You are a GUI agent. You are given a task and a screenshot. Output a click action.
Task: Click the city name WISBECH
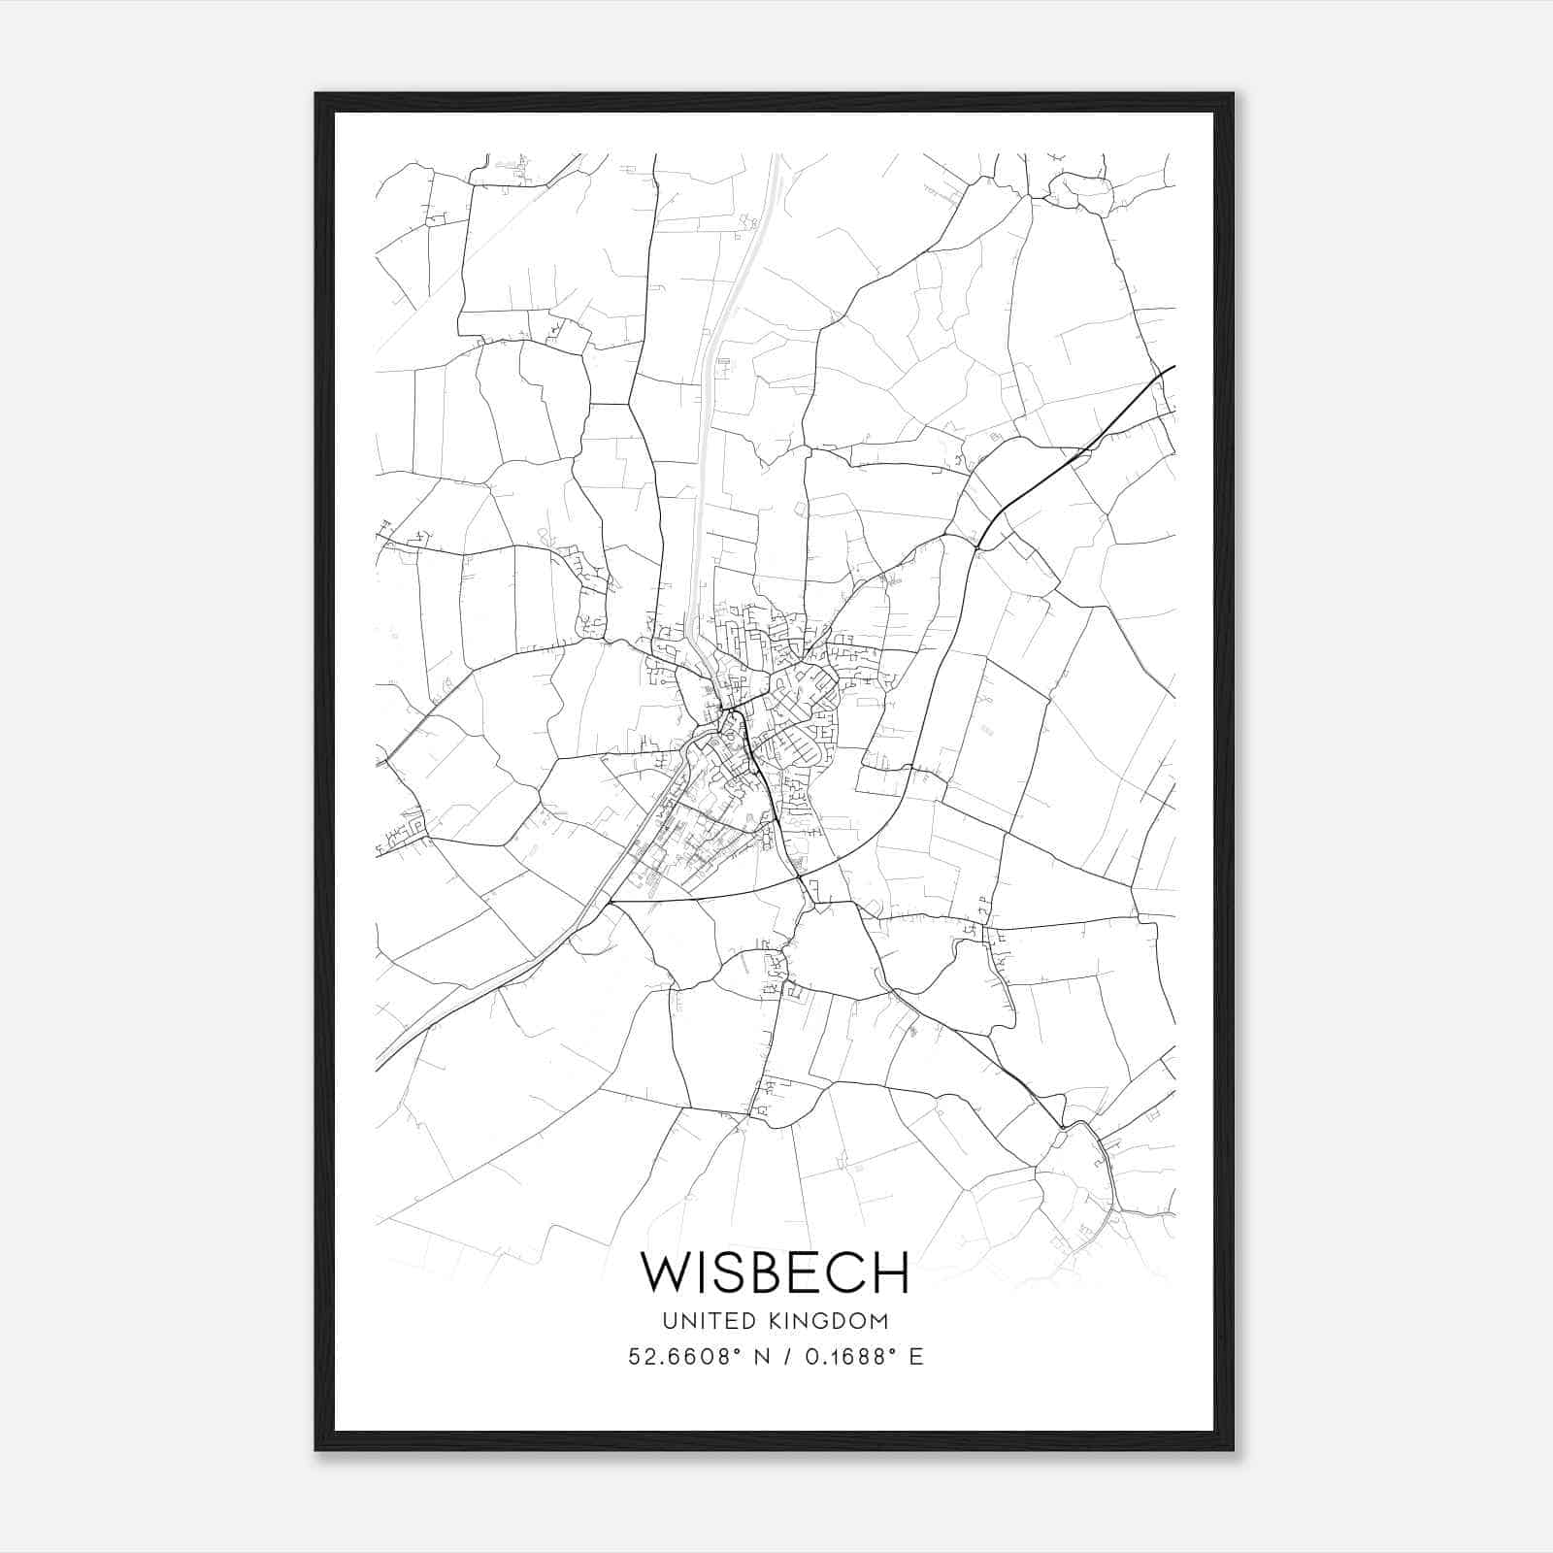pyautogui.click(x=775, y=1272)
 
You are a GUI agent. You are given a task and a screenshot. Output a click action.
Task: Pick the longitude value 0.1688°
pyautogui.click(x=850, y=1356)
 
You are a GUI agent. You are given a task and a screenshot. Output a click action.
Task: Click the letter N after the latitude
pyautogui.click(x=761, y=1356)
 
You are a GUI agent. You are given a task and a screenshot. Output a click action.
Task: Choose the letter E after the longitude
pyautogui.click(x=915, y=1356)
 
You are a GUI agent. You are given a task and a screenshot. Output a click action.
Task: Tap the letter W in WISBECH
pyautogui.click(x=666, y=1272)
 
